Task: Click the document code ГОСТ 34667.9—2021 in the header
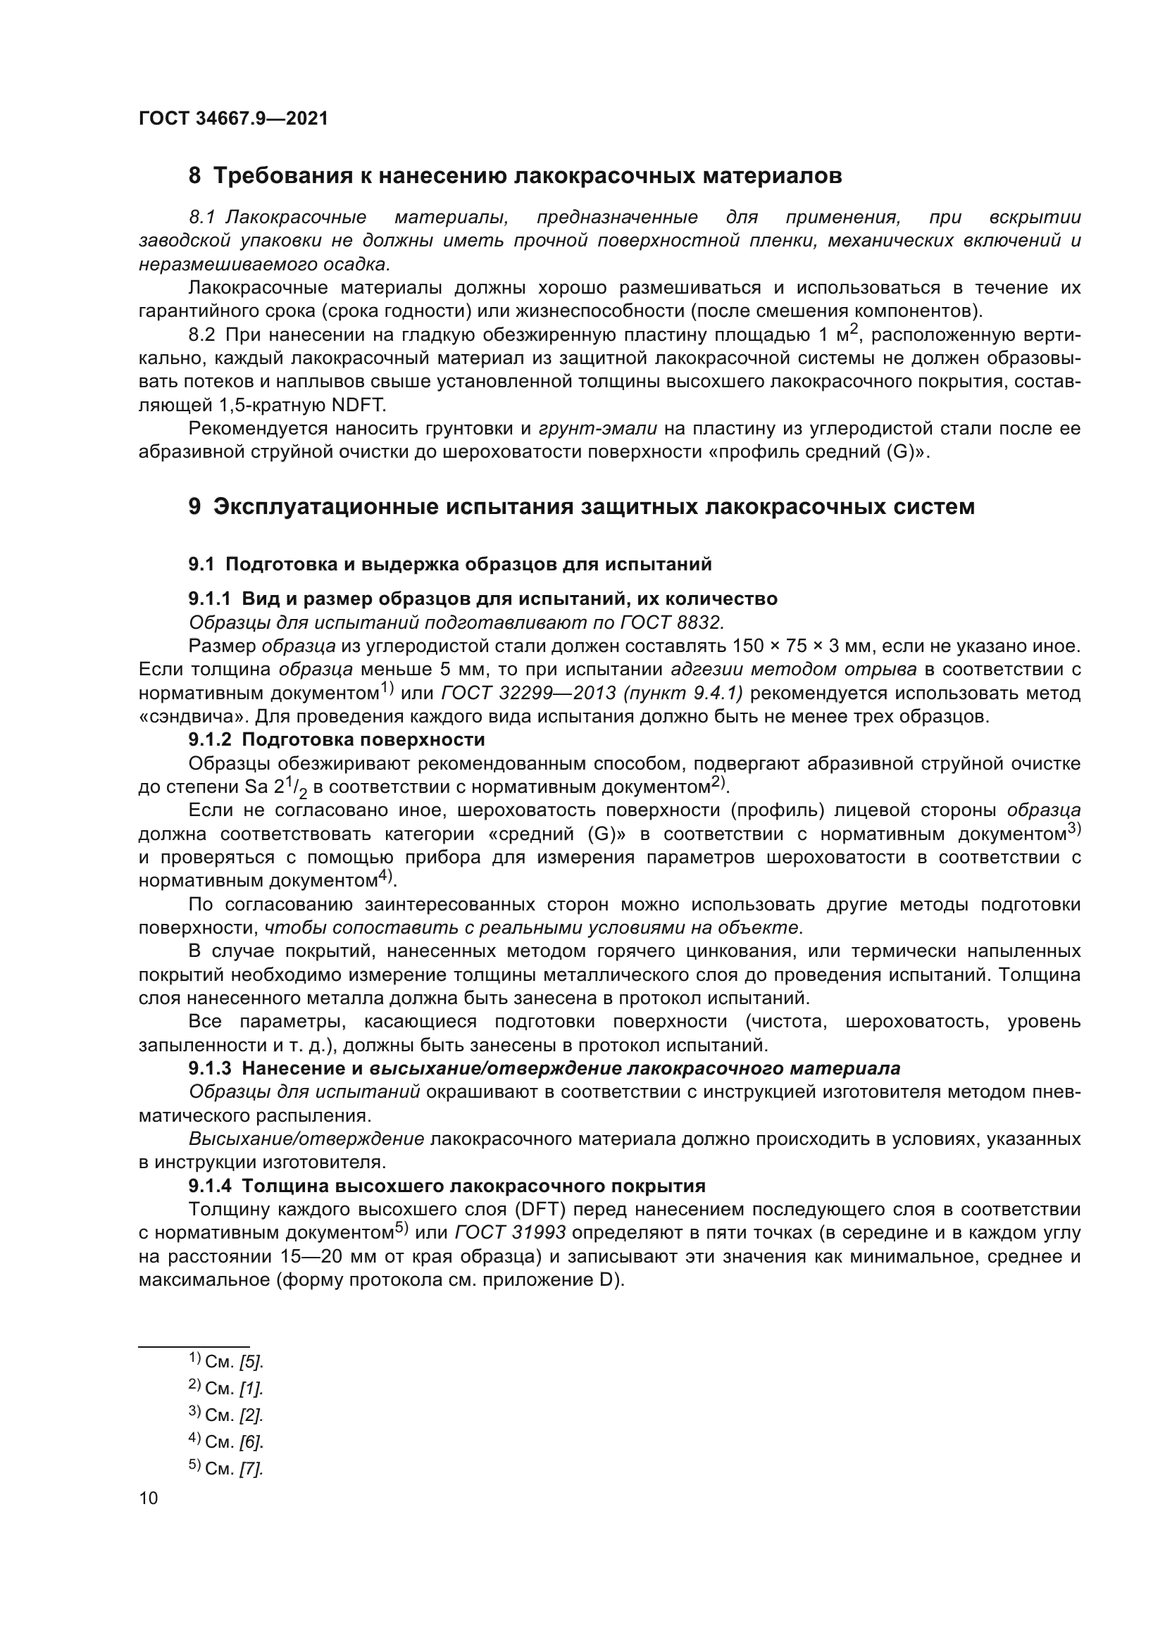point(233,119)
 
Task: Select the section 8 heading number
point(194,176)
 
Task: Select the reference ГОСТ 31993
point(511,1232)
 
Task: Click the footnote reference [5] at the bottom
point(251,1362)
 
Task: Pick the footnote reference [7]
point(251,1468)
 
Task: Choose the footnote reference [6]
point(251,1441)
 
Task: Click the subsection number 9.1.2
point(210,739)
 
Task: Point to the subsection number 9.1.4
point(210,1185)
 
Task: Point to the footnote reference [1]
point(251,1388)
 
